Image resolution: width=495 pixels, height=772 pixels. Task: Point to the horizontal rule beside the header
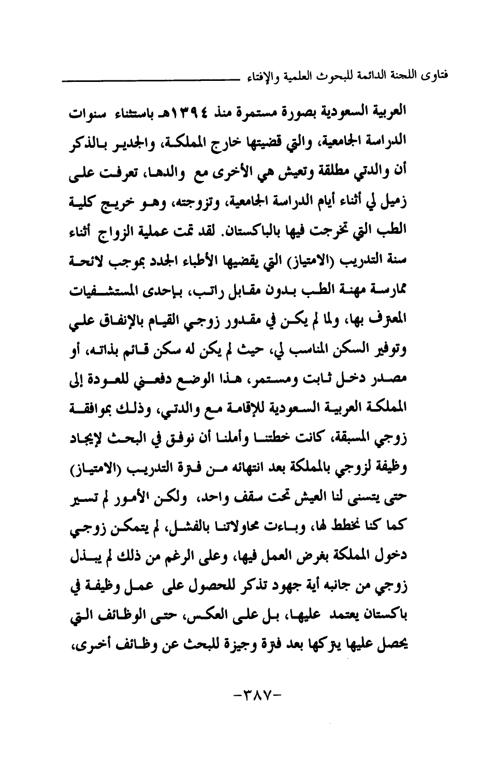pyautogui.click(x=150, y=79)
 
